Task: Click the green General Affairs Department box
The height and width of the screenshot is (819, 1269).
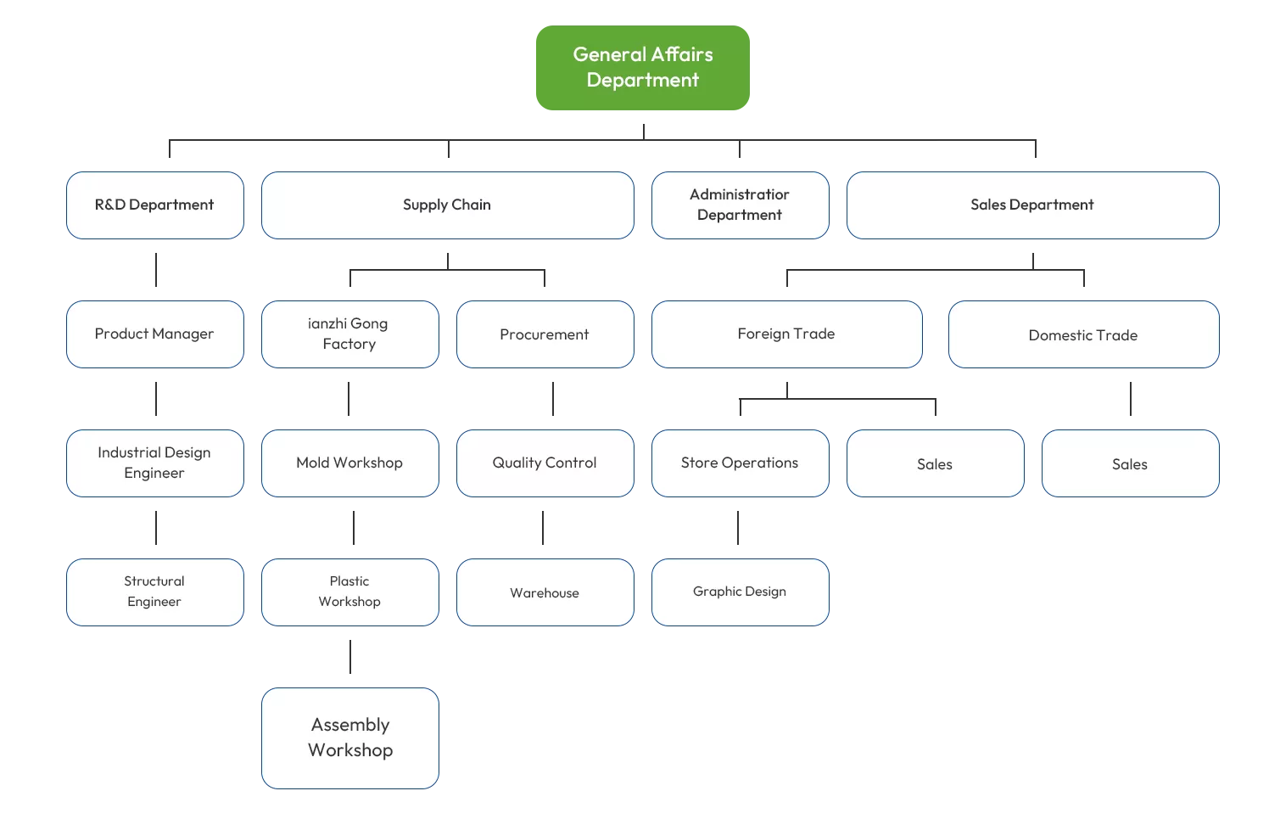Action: point(642,68)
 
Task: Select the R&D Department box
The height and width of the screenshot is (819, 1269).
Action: point(155,205)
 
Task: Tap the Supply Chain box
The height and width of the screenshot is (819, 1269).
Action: point(447,205)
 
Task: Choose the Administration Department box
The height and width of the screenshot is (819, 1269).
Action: point(740,205)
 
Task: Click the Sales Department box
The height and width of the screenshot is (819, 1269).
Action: point(1032,205)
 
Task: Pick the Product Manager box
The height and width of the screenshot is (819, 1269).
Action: point(155,334)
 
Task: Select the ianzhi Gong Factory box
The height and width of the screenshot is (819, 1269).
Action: point(349,334)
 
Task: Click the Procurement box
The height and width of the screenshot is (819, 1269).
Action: point(545,334)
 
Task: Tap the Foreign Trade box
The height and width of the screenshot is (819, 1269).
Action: point(786,334)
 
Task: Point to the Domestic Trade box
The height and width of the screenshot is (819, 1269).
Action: point(1083,334)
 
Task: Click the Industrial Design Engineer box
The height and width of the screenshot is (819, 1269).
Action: point(155,463)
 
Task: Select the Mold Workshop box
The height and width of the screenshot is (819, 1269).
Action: point(349,463)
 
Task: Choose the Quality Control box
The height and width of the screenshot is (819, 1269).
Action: point(545,463)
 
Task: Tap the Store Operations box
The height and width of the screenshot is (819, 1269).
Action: point(740,463)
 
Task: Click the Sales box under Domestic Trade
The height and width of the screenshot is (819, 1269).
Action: point(1130,463)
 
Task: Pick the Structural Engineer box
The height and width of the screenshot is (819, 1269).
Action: point(155,592)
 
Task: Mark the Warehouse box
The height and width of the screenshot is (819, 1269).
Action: point(545,592)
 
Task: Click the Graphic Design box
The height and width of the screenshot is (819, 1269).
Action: point(740,592)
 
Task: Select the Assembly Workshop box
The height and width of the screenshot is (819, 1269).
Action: point(349,738)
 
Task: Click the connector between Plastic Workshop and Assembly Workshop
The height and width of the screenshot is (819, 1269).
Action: point(349,657)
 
